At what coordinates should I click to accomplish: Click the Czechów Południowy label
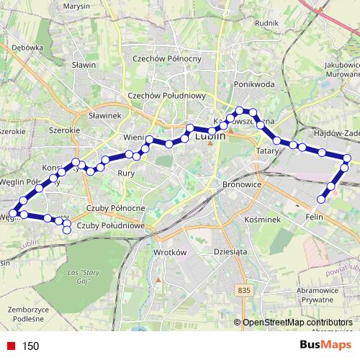167,96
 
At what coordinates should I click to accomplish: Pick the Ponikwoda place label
255,84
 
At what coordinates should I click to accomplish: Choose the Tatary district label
267,152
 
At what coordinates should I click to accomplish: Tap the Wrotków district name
171,253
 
